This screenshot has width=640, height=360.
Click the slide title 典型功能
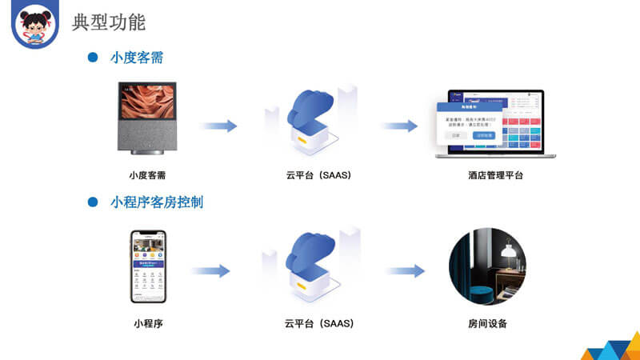click(109, 21)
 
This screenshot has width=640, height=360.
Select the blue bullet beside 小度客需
click(92, 58)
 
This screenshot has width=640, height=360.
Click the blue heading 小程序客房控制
click(157, 202)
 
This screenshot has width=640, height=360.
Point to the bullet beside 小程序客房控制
click(92, 202)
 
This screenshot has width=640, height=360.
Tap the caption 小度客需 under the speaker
click(147, 174)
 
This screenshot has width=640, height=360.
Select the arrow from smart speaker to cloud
click(218, 126)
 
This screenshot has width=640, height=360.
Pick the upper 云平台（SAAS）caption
click(318, 174)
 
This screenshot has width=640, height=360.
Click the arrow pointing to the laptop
click(398, 126)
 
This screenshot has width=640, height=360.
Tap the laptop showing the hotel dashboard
click(489, 122)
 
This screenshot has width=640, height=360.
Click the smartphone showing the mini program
click(148, 267)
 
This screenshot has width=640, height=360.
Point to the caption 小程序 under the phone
click(148, 324)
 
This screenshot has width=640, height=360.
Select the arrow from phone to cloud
click(210, 271)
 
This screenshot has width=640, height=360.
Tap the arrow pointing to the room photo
click(406, 271)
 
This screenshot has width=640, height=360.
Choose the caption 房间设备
click(487, 324)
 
